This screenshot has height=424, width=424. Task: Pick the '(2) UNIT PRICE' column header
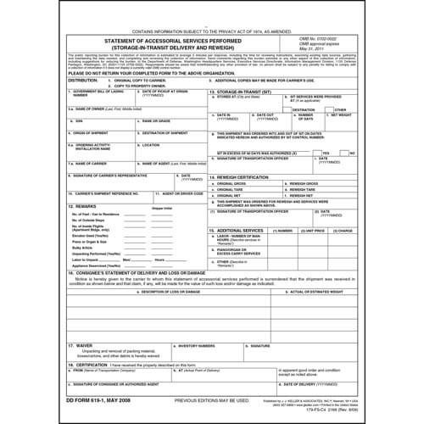coord(322,229)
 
